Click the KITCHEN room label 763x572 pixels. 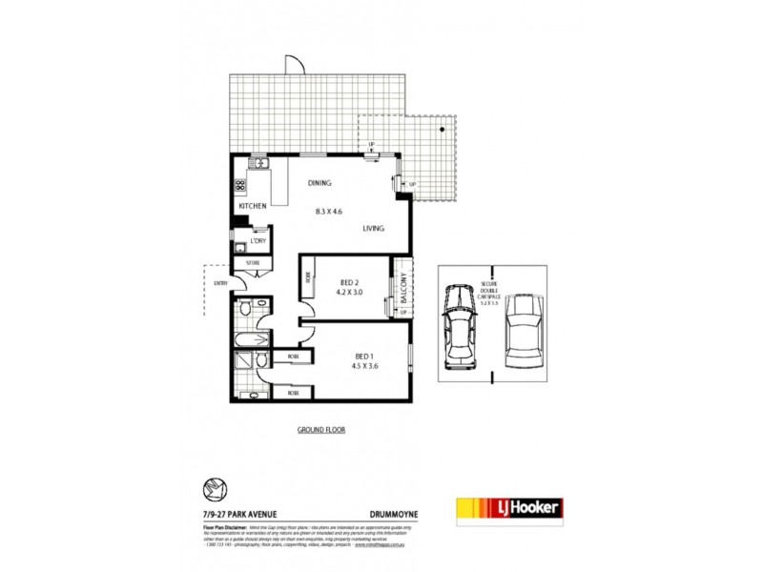click(x=252, y=206)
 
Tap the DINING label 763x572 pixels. click(x=319, y=183)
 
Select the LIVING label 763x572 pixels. click(x=373, y=229)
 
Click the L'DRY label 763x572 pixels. click(x=258, y=242)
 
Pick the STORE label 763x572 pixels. click(x=254, y=262)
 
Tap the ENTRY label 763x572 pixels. click(x=220, y=282)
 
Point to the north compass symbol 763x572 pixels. click(x=216, y=488)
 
